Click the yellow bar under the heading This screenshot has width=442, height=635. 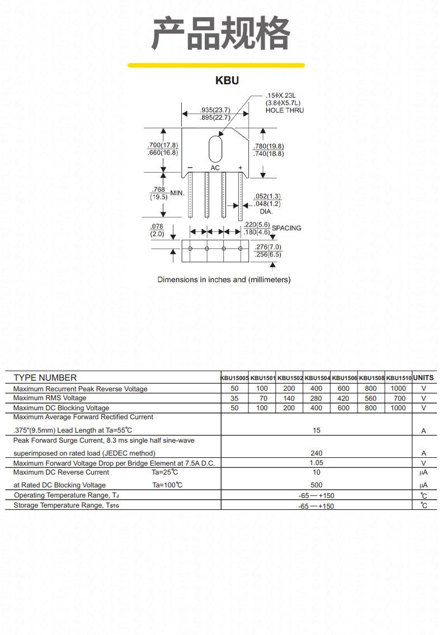point(216,65)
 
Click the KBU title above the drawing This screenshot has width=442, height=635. point(227,80)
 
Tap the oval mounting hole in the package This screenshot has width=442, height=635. point(215,149)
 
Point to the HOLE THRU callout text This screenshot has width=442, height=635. point(285,110)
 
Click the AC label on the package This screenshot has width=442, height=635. point(215,168)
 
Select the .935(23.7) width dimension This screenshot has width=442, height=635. point(215,110)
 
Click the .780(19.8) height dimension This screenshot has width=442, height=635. point(269,146)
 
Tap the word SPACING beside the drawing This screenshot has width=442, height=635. point(286,228)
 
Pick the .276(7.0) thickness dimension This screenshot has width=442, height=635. point(267,247)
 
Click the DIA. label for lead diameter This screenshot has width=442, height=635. point(266,211)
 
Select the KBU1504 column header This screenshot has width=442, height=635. point(317,378)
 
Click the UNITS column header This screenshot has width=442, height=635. point(424,377)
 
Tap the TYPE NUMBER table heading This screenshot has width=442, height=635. point(45,378)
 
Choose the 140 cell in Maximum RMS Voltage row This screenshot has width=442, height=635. point(289,398)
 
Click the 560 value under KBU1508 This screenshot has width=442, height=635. point(370,398)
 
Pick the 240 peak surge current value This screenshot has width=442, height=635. point(316,453)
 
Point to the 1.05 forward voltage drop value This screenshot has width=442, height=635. point(316,462)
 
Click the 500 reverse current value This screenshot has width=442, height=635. point(316,485)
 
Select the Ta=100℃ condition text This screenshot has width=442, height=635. point(167,485)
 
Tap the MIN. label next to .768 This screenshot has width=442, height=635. point(177,193)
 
